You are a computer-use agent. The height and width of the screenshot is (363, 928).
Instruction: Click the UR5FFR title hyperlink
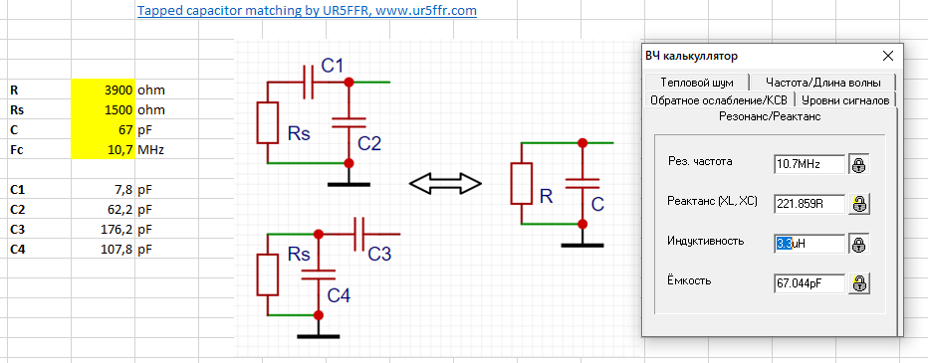tap(307, 11)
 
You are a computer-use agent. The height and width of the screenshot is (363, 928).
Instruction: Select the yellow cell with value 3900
tap(103, 91)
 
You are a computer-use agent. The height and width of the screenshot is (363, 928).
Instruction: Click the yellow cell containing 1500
tap(103, 110)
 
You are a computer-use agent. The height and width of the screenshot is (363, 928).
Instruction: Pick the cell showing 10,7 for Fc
tap(103, 149)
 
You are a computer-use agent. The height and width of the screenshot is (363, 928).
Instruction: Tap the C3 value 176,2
tap(103, 230)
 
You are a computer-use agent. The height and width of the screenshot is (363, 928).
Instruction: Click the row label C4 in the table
tap(18, 250)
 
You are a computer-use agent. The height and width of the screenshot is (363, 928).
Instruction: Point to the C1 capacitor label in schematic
tap(333, 66)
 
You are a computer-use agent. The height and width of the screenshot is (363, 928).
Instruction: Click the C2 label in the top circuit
tap(369, 142)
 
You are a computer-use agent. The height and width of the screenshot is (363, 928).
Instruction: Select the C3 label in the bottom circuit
tap(379, 254)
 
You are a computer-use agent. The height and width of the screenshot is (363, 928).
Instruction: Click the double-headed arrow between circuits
tap(445, 183)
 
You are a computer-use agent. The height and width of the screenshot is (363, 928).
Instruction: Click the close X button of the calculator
tap(888, 56)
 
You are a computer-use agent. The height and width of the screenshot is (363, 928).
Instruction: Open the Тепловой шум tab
tap(697, 83)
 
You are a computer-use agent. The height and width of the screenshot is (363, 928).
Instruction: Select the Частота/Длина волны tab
tap(822, 83)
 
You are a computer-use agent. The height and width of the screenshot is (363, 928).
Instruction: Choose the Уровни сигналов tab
tap(846, 99)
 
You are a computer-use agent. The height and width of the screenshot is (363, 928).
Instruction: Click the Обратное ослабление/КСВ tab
tap(719, 99)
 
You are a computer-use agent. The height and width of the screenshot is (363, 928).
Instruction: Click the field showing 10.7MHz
tap(810, 164)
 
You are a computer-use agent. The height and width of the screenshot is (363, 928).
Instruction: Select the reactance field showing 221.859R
tap(810, 204)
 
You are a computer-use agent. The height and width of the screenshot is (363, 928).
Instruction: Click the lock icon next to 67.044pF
tap(859, 283)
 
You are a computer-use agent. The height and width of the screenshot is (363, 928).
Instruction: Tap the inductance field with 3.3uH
tap(810, 244)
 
